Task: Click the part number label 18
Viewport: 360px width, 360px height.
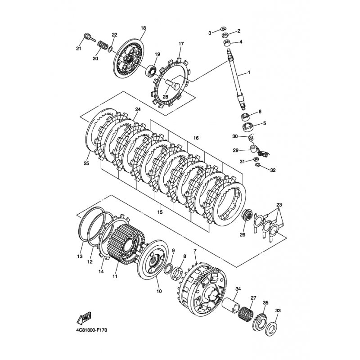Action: [x=143, y=28]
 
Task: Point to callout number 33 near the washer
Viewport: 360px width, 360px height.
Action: [x=278, y=310]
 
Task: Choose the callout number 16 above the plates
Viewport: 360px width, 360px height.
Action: [x=196, y=139]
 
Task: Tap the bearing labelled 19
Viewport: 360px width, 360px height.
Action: [x=151, y=70]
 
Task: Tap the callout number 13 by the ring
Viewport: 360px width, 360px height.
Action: [x=80, y=256]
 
